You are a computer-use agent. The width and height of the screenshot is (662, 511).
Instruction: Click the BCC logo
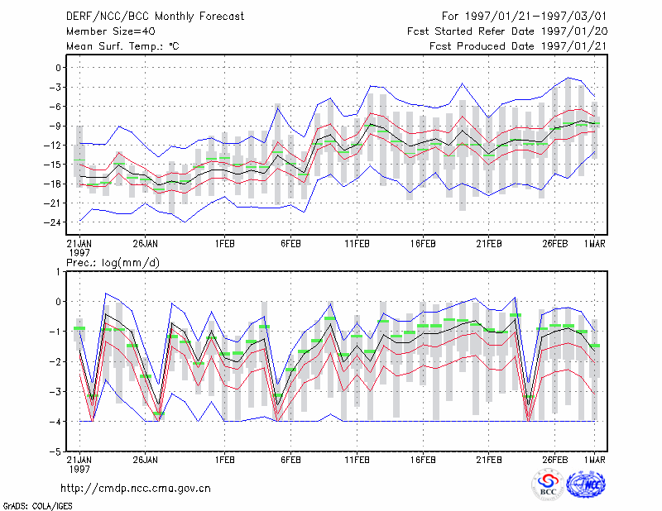tap(548, 485)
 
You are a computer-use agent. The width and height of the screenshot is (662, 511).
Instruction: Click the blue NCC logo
tap(586, 485)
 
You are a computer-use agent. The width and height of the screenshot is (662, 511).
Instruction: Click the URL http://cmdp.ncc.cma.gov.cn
tap(136, 489)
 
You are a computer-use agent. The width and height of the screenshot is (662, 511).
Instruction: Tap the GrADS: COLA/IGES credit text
tap(37, 505)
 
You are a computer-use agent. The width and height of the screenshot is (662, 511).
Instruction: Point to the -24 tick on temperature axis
tap(53, 222)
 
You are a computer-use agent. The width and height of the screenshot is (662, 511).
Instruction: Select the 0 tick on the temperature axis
tap(58, 68)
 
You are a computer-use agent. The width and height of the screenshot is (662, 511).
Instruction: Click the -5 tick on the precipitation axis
tap(55, 451)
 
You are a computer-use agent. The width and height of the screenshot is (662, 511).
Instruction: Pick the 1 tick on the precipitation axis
tap(58, 272)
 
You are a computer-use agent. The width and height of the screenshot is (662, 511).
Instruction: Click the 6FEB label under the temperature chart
tap(291, 244)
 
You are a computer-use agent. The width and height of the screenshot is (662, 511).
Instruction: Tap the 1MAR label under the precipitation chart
tap(594, 460)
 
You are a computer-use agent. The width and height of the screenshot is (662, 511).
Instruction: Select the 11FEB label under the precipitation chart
tap(357, 460)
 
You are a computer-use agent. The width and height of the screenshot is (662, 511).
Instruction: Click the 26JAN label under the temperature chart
tap(146, 244)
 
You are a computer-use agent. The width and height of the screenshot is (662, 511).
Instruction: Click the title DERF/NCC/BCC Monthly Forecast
tap(155, 17)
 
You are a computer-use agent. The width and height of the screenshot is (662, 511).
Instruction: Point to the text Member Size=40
tap(111, 31)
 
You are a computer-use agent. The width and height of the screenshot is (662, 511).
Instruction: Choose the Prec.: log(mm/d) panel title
tap(113, 263)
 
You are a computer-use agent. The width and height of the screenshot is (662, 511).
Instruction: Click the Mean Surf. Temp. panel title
tap(122, 46)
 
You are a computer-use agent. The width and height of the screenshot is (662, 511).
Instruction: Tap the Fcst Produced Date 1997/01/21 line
tap(518, 46)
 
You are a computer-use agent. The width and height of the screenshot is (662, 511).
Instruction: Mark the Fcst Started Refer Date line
tap(507, 31)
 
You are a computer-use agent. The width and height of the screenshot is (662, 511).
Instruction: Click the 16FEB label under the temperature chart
tap(423, 244)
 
